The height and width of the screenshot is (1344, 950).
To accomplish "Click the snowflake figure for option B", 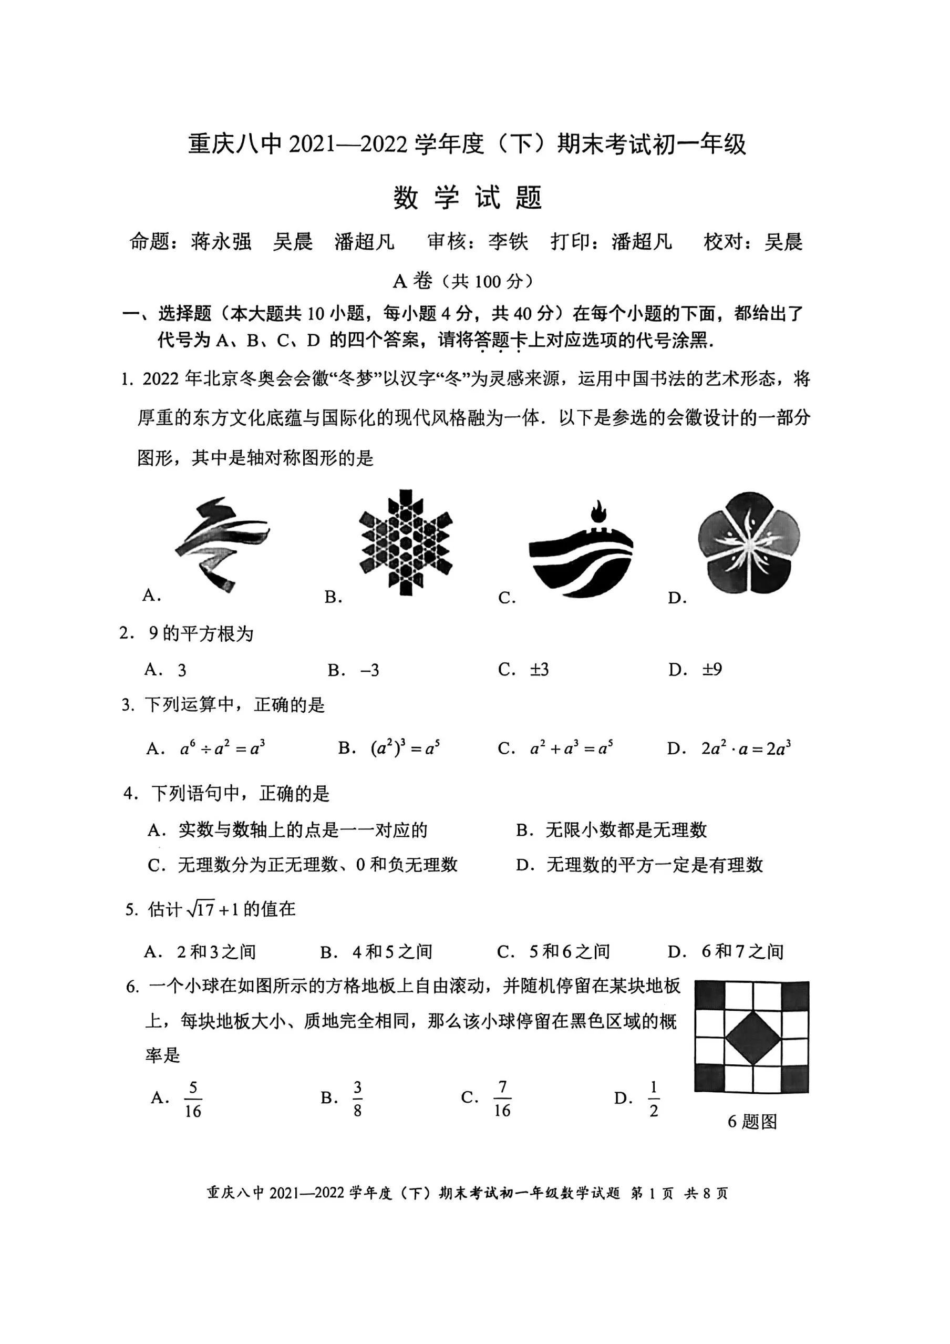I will [406, 542].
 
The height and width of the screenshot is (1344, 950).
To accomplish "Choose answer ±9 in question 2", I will [712, 669].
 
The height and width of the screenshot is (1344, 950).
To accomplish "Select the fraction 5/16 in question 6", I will [193, 1099].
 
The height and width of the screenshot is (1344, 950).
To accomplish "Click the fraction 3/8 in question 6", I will [357, 1099].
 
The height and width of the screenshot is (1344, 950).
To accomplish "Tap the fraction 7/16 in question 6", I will [502, 1099].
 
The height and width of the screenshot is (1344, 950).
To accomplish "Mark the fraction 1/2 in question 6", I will [654, 1099].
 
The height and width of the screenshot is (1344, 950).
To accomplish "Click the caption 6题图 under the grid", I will [752, 1122].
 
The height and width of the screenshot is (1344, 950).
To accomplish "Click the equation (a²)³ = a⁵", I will [405, 748].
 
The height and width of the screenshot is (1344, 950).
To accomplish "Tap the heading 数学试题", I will [468, 197].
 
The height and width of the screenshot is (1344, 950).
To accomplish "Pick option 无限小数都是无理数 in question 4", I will [626, 829].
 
